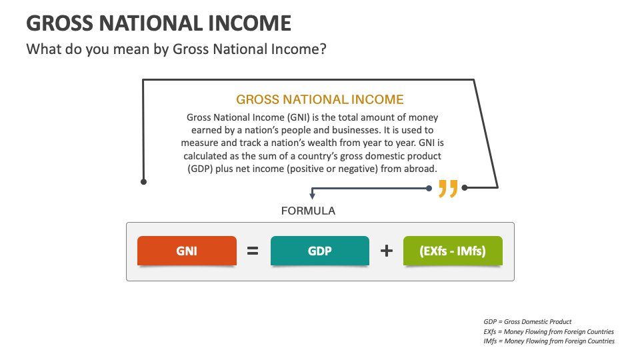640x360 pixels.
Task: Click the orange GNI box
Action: click(186, 251)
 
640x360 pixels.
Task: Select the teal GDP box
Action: click(319, 251)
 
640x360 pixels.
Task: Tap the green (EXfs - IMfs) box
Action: click(453, 251)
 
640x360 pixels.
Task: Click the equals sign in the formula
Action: click(253, 251)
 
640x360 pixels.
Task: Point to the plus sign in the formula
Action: click(386, 251)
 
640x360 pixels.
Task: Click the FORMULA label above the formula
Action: click(308, 211)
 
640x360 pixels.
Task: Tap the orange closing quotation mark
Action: click(448, 189)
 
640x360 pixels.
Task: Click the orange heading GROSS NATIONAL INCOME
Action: click(320, 100)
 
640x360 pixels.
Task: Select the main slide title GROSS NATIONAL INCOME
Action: click(159, 23)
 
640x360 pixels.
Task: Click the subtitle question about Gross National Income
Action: click(176, 49)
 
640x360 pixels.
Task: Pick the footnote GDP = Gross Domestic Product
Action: click(527, 322)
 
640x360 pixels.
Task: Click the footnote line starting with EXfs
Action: click(549, 331)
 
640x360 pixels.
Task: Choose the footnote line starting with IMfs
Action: click(549, 341)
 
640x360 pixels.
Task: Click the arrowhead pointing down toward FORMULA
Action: click(312, 196)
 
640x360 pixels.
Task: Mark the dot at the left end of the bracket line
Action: click(143, 181)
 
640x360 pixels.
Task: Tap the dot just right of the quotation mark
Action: click(465, 187)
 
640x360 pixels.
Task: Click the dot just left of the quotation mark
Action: click(429, 188)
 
